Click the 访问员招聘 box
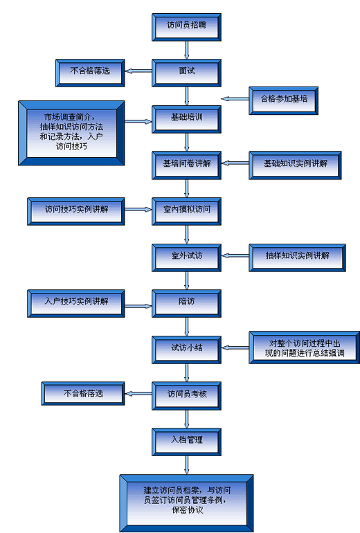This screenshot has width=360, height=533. pos(186,27)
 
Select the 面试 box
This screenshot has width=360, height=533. pos(186,73)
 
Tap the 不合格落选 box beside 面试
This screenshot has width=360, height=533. pos(90,73)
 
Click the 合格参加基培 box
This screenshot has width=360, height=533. pos(284,100)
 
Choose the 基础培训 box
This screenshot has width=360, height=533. pos(186,119)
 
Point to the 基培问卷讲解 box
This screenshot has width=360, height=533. pos(186,165)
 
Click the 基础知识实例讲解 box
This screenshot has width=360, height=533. pos(295,165)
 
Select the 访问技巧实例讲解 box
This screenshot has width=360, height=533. pos(76,211)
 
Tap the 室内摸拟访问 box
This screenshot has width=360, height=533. pos(186,211)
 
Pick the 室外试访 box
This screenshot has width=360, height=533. pos(186,258)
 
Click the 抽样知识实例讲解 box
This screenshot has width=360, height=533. pos(298,258)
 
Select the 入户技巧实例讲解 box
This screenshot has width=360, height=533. pos(76,304)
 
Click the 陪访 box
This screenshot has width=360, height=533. pos(186,304)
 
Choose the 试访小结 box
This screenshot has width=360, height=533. pos(186,350)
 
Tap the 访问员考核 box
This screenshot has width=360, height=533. pos(186,396)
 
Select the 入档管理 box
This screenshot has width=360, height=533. pos(186,442)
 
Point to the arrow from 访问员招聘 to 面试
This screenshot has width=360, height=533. pos(186,51)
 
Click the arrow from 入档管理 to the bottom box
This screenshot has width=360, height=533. pos(186,465)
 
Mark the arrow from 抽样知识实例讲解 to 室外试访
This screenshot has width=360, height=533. pos(235,255)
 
